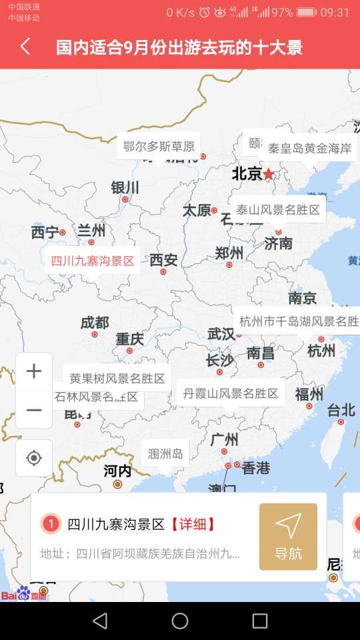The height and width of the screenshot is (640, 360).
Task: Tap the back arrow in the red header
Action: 25,47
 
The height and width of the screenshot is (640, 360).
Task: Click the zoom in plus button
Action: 34,371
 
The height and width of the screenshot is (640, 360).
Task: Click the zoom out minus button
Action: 34,409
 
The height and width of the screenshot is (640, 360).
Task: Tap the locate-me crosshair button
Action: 34,458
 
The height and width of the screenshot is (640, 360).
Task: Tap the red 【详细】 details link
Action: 193,524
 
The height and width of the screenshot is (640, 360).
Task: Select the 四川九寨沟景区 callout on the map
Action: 93,261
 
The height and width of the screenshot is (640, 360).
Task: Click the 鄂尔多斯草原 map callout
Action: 159,146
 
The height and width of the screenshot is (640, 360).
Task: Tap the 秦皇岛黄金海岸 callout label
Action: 309,148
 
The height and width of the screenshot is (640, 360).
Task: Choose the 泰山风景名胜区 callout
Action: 278,209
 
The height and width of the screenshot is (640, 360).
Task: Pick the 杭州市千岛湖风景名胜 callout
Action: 299,321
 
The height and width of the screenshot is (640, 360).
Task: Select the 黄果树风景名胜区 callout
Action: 117,378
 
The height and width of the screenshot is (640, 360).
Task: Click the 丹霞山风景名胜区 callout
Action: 231,393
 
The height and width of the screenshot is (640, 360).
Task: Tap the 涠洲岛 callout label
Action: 165,454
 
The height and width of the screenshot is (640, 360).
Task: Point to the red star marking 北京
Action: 268,174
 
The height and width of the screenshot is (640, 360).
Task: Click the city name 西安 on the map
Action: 163,259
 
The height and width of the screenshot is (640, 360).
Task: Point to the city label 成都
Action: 94,323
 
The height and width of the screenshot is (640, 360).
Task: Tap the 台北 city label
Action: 341,409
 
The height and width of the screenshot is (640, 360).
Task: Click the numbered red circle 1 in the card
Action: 51,524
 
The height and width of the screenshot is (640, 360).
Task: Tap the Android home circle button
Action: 180,621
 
